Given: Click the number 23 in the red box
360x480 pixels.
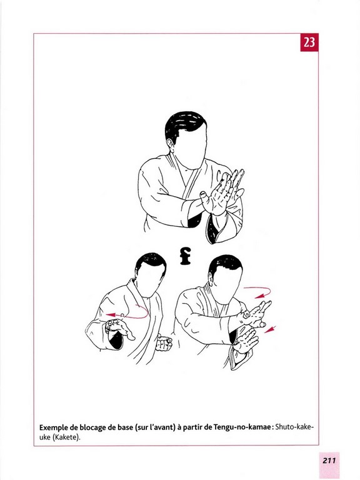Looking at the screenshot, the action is tap(309, 42).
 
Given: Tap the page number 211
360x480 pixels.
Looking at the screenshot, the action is tap(329, 461).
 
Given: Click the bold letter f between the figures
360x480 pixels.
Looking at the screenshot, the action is tap(185, 256).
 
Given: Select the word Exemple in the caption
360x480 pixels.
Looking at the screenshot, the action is tap(52, 427).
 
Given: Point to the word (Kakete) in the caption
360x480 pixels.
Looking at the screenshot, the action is tap(66, 437).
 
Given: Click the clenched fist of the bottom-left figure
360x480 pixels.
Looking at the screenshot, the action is tap(164, 343).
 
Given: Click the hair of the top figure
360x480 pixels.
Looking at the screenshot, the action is tap(184, 126).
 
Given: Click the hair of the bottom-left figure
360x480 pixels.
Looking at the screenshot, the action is tap(151, 262).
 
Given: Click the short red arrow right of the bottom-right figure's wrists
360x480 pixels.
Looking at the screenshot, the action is tap(270, 329).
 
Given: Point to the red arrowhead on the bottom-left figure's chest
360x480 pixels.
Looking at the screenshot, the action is tap(111, 315).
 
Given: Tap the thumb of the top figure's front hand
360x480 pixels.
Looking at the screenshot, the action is tap(206, 199).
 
